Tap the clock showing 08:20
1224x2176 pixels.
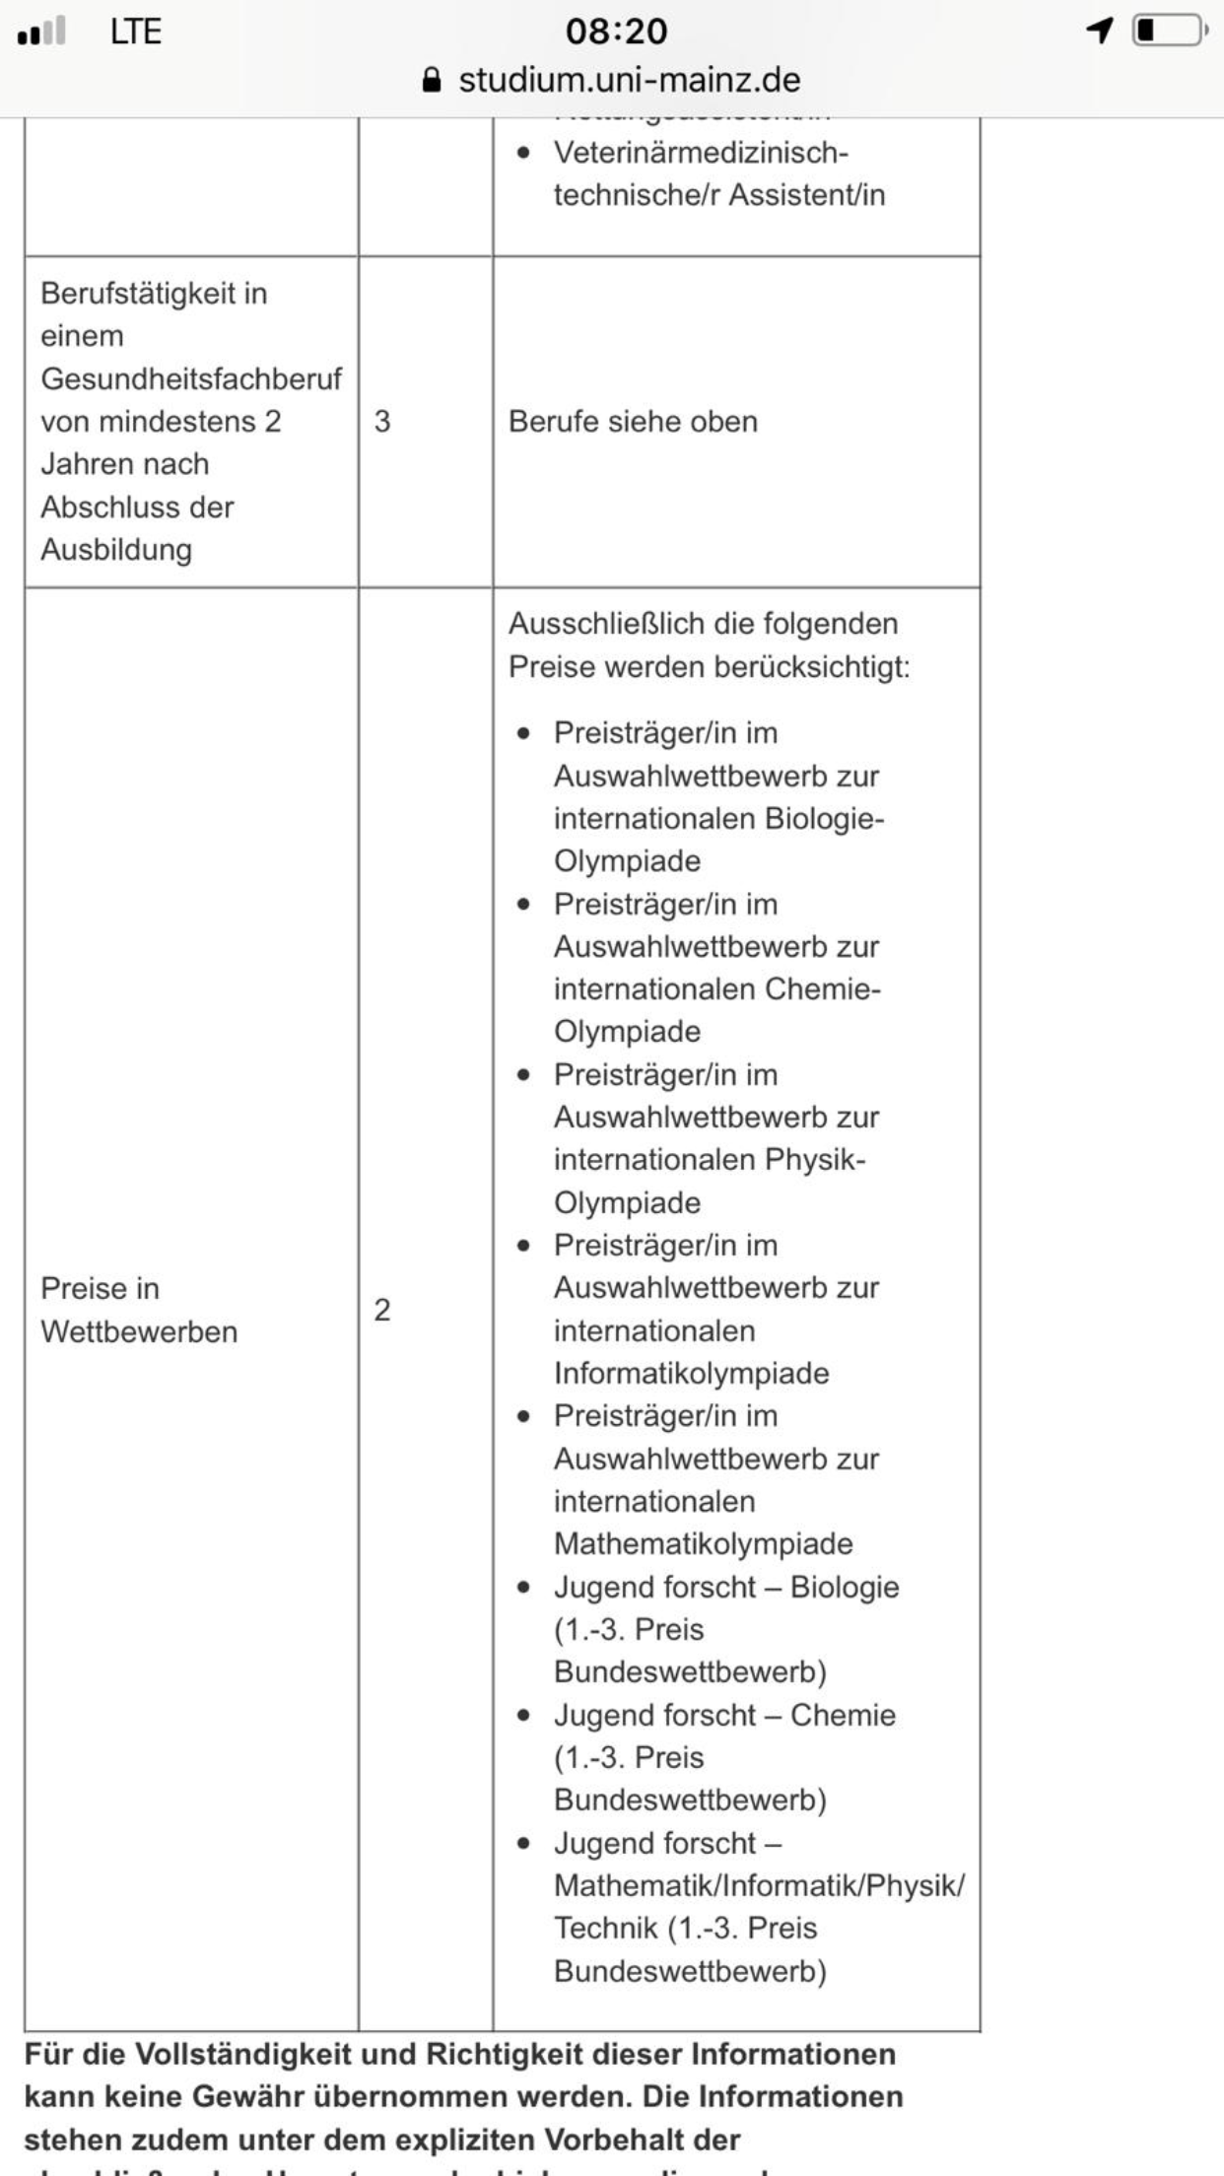tap(616, 32)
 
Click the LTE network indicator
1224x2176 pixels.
tap(135, 32)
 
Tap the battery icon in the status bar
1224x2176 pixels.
tap(1169, 32)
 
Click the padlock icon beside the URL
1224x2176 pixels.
tap(431, 80)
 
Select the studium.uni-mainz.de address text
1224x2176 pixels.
tap(629, 80)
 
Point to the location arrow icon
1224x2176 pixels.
tap(1100, 32)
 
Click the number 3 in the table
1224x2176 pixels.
tap(382, 422)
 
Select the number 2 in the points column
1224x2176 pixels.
tap(382, 1310)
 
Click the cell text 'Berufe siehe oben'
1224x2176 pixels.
tap(633, 422)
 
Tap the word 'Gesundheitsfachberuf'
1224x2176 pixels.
tap(191, 378)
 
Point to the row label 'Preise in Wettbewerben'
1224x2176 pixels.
tap(139, 1310)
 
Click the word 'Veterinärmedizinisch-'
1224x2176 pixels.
tap(701, 153)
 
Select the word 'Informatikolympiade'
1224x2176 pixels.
tap(691, 1373)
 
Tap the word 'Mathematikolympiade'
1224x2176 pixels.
tap(703, 1543)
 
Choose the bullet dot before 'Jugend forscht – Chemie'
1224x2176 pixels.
tap(523, 1716)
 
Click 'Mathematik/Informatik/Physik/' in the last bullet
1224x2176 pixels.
tap(759, 1885)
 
